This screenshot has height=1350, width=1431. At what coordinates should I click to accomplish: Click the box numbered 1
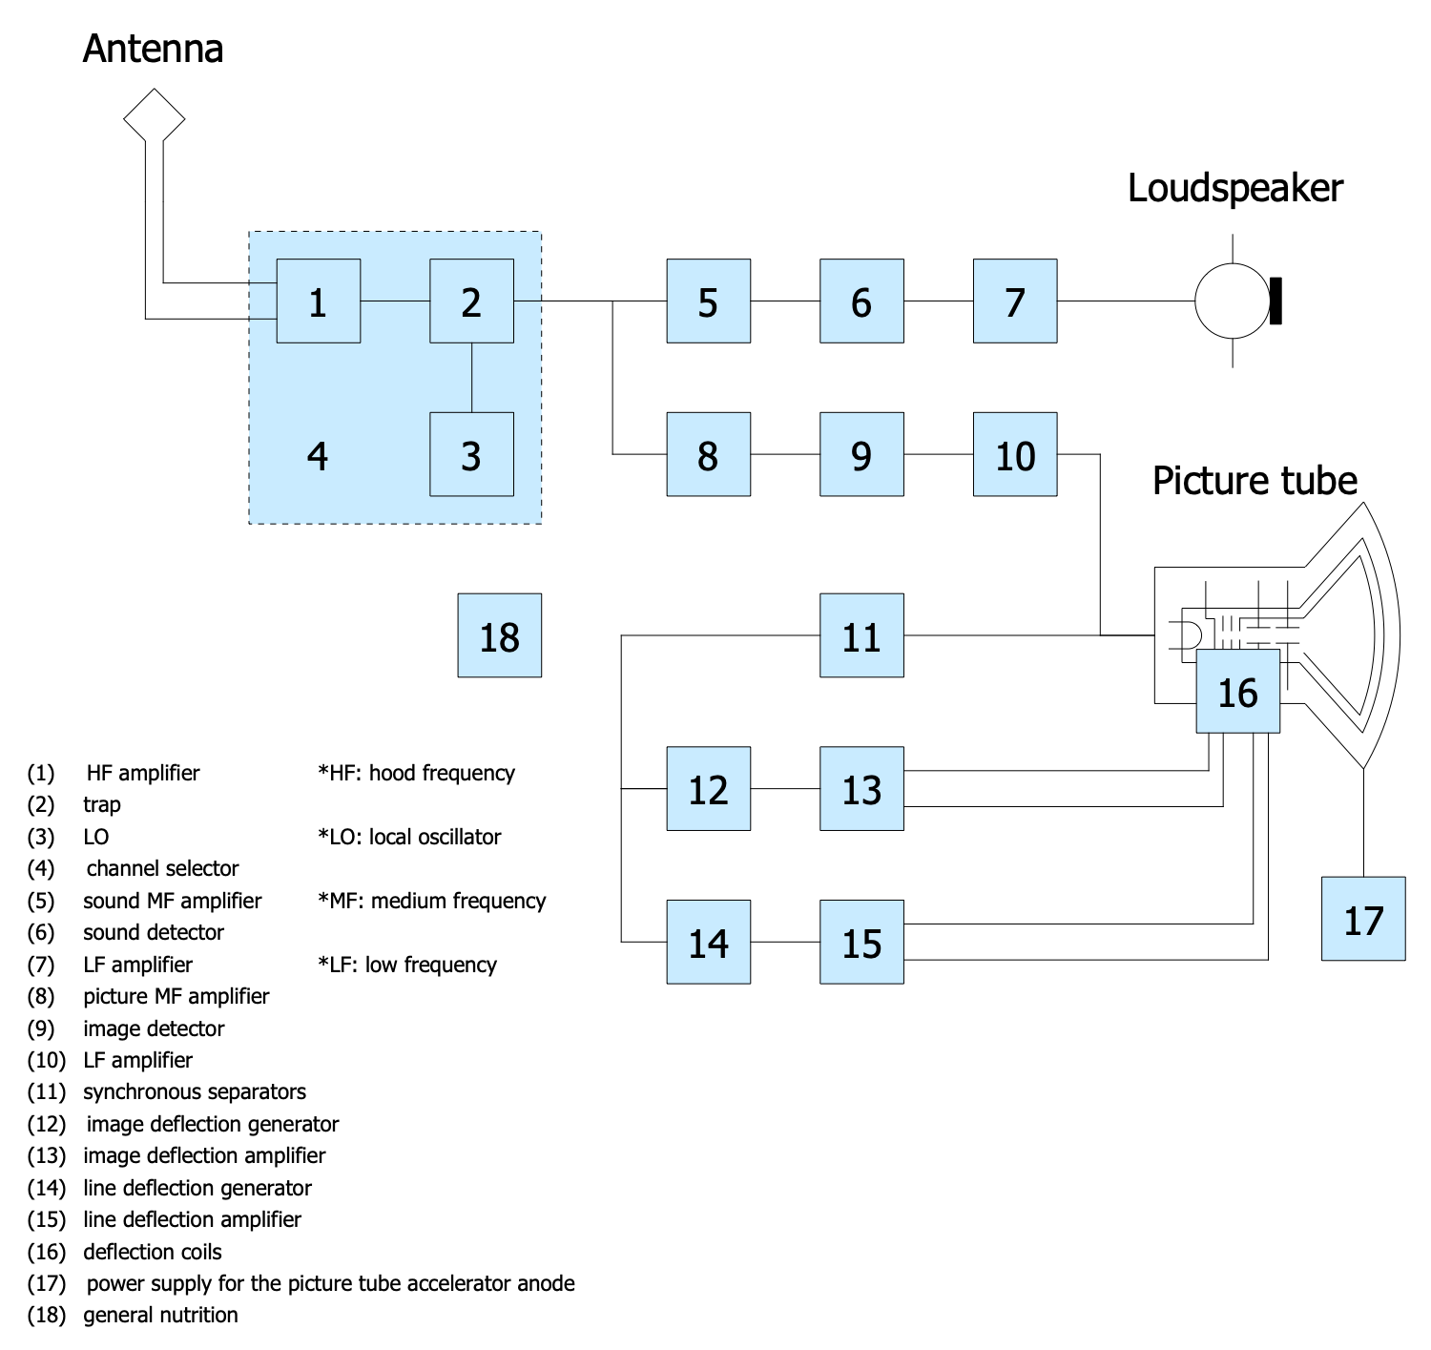[319, 301]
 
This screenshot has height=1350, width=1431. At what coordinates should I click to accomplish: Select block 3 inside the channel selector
[471, 454]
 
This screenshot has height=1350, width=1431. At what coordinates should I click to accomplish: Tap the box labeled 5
[708, 301]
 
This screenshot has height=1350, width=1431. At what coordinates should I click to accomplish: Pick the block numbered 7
[1015, 301]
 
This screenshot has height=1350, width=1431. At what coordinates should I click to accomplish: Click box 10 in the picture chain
[1015, 454]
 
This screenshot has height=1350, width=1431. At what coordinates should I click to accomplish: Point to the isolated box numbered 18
[500, 635]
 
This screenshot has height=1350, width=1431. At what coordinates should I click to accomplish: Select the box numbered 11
[861, 635]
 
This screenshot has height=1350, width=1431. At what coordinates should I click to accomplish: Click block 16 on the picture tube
[1238, 692]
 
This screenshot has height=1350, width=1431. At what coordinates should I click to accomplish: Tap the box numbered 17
[1363, 919]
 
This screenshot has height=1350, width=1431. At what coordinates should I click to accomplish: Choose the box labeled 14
[708, 942]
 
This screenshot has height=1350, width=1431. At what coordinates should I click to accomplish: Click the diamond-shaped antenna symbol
[154, 116]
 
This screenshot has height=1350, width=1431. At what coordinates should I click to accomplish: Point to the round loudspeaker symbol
[1234, 301]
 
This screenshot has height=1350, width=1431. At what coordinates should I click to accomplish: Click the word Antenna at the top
[154, 49]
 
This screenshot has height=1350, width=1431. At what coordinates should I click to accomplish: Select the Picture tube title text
[1255, 480]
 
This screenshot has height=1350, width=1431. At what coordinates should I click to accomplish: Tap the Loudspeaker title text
[1234, 188]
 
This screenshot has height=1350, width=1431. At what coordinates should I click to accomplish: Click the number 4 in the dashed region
[318, 456]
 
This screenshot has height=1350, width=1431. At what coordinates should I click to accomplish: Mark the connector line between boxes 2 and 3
[472, 378]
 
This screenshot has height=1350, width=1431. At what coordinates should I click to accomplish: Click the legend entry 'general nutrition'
[160, 1315]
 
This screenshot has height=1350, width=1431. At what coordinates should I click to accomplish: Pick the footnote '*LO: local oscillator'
[409, 837]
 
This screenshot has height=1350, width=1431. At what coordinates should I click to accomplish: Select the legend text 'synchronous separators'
[195, 1091]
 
